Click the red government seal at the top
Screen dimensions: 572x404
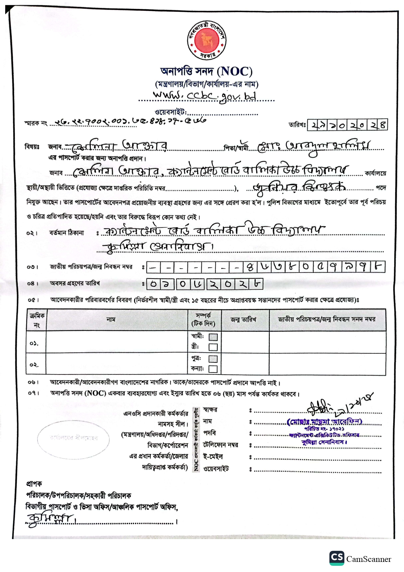tap(207, 40)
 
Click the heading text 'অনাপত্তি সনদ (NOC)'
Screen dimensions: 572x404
tap(207, 71)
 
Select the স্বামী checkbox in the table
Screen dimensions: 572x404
tap(213, 337)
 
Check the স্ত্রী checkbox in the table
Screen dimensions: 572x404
tap(213, 347)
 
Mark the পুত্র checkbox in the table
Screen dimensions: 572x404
tap(213, 359)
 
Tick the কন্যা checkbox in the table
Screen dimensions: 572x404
tap(213, 369)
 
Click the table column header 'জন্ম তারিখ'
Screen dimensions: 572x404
tap(244, 319)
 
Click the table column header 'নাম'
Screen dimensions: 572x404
tap(111, 319)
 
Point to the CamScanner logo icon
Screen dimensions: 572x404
tap(337, 558)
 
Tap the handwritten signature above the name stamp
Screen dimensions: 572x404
tap(339, 405)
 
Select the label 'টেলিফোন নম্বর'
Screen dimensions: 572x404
tap(221, 445)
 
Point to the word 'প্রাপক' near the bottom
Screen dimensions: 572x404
tap(34, 484)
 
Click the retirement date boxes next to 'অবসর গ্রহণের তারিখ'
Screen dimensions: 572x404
tap(204, 284)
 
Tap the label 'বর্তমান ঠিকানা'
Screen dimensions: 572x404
tap(66, 233)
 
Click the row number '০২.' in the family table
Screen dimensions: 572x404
tap(34, 365)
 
